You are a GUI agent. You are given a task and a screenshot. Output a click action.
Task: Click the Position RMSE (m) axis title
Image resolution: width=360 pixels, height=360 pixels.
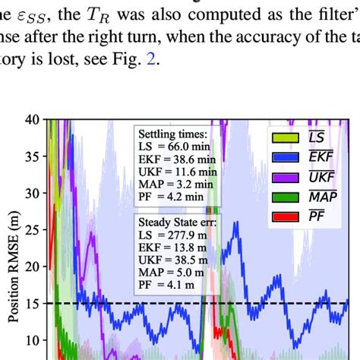tap(11, 281)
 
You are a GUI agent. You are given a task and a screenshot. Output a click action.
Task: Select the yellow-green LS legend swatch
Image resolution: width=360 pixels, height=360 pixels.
tap(282, 137)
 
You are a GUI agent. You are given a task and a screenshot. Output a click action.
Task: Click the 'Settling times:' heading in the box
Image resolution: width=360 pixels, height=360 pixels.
tap(172, 131)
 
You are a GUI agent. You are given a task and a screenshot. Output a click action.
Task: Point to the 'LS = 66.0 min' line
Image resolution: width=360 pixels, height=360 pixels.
tap(168, 144)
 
